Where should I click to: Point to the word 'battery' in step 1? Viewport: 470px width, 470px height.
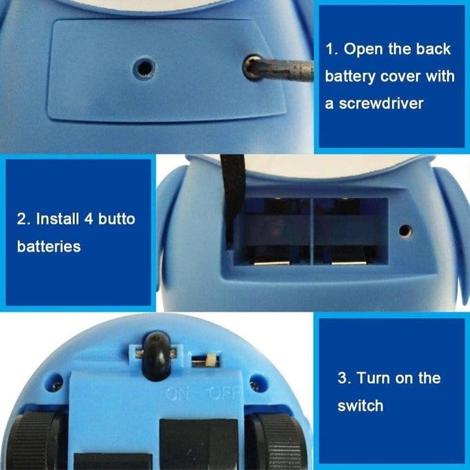coord(348,76)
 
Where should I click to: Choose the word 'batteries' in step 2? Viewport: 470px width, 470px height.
coord(49,246)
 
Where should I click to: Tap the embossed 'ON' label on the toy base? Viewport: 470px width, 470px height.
coord(178,394)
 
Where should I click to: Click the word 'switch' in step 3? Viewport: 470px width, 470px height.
coord(360,405)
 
